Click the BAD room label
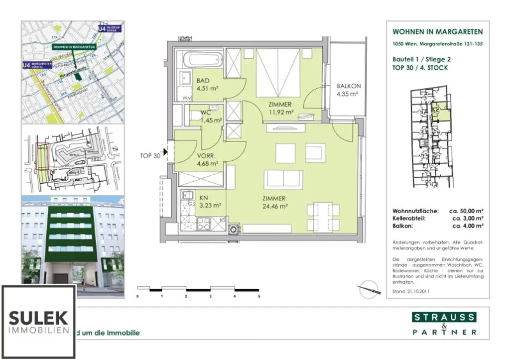pos(203,81)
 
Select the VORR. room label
pos(206,154)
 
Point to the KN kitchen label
pos(204,197)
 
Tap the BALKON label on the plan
pos(348,86)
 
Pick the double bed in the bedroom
pos(278,73)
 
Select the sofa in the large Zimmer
pos(282,179)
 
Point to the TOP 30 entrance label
pos(149,155)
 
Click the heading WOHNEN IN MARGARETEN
pos(437,32)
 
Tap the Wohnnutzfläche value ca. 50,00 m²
pos(467,211)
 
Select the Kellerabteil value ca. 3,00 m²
pos(467,219)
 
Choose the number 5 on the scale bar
pos(259,296)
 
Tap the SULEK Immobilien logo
pos(38,321)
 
